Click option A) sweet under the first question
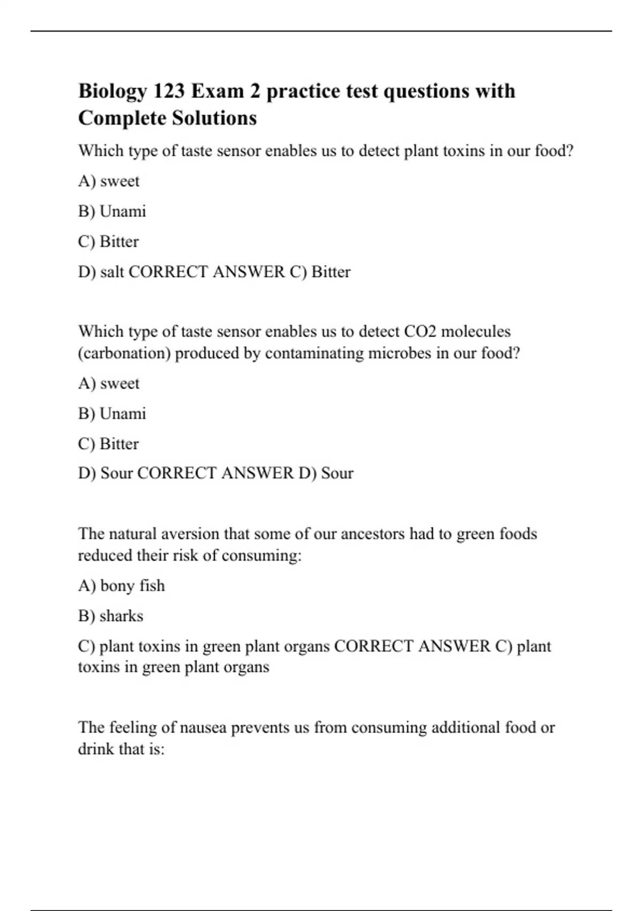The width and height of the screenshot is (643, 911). (x=109, y=181)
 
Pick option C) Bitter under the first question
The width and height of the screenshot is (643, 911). (x=108, y=242)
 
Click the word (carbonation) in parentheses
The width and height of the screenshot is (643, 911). (x=124, y=354)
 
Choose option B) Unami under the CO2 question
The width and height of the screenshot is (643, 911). (x=112, y=414)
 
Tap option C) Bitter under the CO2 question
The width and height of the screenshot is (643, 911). (x=108, y=444)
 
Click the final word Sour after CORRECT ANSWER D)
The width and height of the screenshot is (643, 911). (x=337, y=473)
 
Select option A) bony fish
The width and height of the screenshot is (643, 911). (x=122, y=586)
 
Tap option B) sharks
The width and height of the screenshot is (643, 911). (x=111, y=616)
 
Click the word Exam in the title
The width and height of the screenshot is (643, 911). (x=216, y=92)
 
